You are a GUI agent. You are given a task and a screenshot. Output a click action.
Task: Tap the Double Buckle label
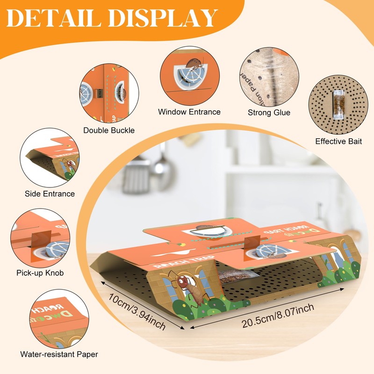[109, 130]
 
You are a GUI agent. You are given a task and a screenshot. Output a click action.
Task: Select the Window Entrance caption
[189, 112]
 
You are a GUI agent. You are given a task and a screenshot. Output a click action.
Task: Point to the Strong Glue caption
[269, 112]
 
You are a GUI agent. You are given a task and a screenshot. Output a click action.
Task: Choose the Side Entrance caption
[50, 194]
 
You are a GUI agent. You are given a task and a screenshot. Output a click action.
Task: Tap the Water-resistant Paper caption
[59, 354]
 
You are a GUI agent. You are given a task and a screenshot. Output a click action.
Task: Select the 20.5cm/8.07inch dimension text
[278, 316]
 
